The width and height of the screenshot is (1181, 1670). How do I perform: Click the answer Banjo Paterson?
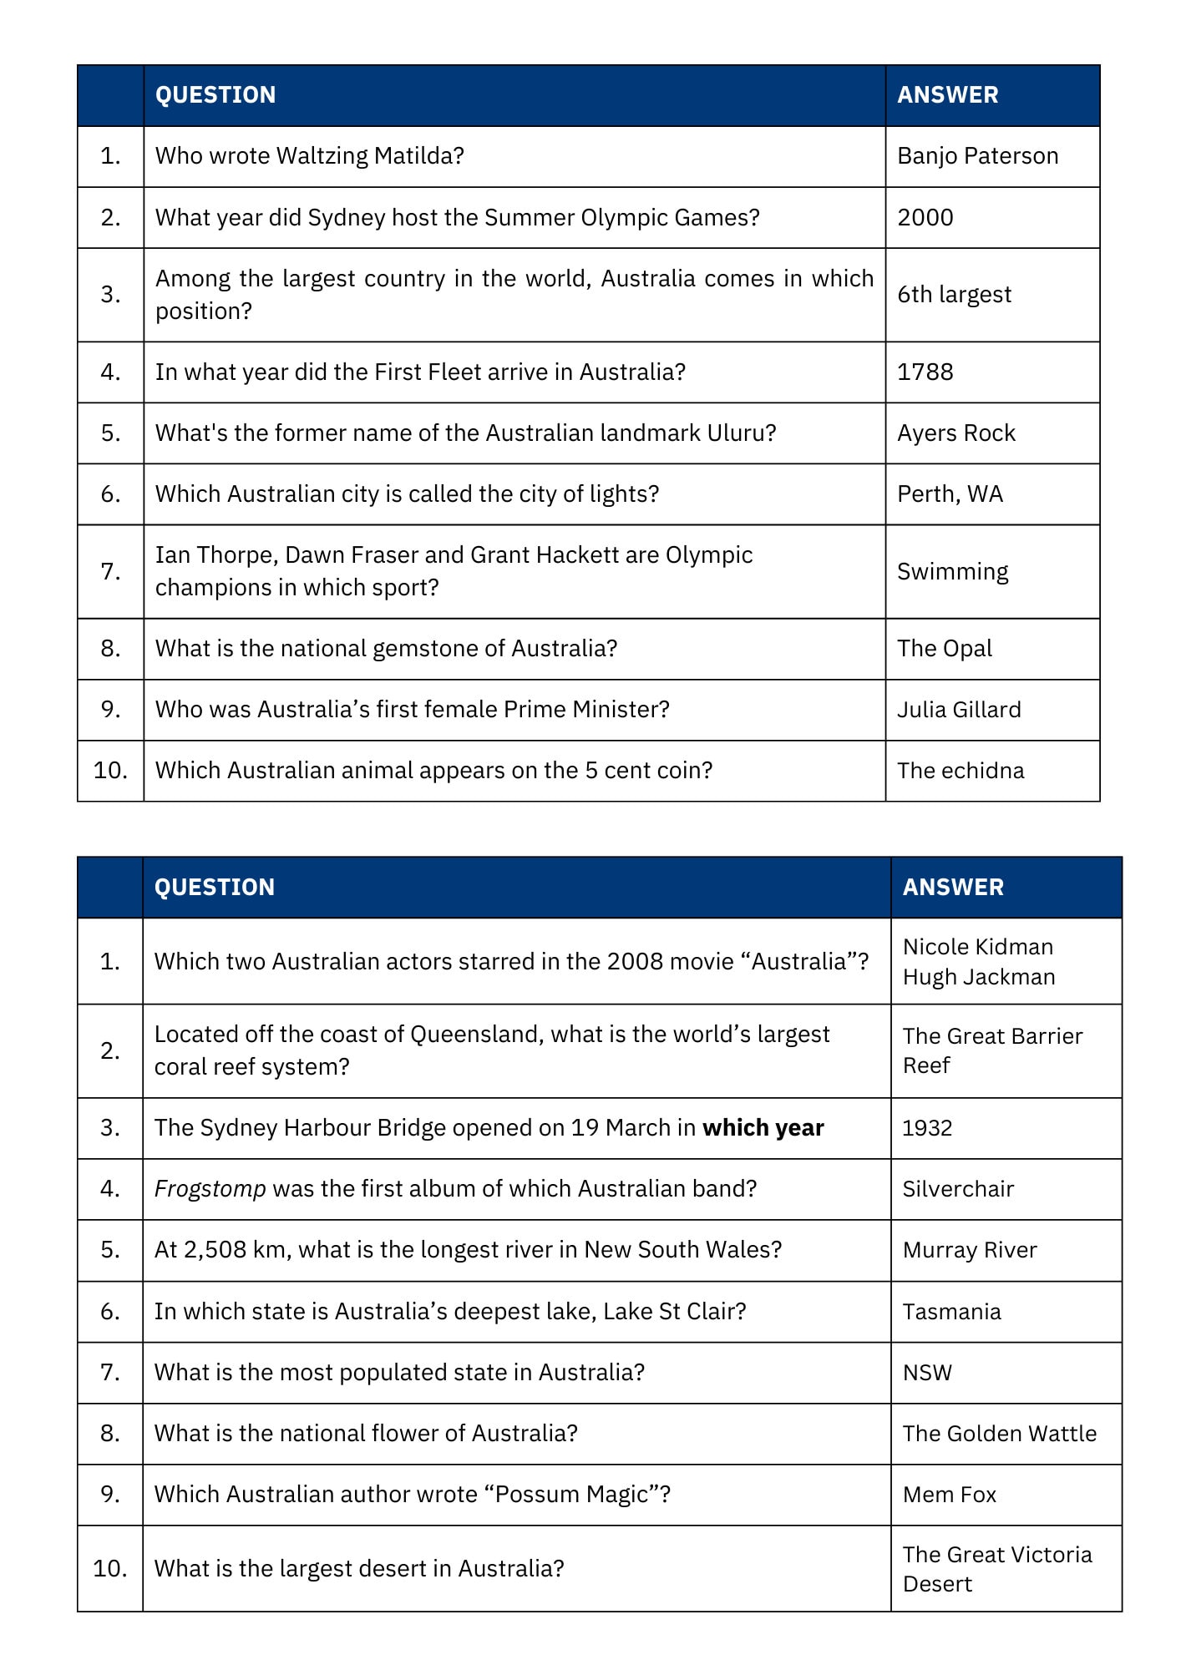(977, 156)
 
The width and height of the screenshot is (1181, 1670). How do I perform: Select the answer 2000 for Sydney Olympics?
(925, 218)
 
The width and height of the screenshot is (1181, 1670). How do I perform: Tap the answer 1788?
(925, 372)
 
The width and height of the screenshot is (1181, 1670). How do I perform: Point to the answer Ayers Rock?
(955, 433)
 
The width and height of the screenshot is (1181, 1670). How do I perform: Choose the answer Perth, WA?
(950, 494)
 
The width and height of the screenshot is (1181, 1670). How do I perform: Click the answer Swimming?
(952, 572)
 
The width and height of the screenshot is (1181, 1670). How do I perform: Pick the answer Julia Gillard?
(959, 710)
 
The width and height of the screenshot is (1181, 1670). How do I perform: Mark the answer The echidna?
(961, 771)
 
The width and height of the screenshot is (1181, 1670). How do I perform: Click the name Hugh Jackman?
(979, 977)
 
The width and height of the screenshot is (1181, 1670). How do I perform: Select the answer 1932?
(927, 1128)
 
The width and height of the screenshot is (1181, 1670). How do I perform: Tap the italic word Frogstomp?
(210, 1189)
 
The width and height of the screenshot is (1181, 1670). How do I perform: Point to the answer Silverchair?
(958, 1189)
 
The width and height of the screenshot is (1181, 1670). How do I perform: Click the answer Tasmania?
(951, 1312)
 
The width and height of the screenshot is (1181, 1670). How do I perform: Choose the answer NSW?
(927, 1373)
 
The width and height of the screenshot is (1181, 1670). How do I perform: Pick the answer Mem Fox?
(950, 1495)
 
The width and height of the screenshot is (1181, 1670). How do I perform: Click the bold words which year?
(763, 1128)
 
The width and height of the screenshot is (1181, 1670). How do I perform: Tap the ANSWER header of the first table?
(947, 95)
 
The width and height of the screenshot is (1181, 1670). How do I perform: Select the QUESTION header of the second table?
(215, 888)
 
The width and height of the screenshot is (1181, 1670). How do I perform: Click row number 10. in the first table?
(110, 771)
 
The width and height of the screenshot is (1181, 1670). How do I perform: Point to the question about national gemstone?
(386, 649)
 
